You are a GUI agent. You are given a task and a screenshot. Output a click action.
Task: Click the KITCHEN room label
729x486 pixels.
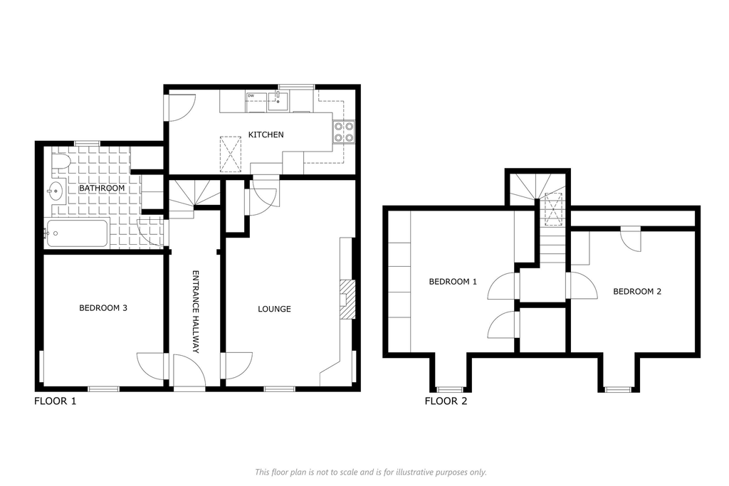[266, 134]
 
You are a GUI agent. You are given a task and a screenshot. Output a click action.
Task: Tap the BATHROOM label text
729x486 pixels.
[102, 188]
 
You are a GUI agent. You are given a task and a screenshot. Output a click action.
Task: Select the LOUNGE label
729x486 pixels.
[274, 309]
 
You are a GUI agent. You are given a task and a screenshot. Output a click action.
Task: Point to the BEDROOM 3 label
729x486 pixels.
[103, 307]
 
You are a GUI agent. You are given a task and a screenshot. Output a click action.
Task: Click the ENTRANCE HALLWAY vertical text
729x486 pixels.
[196, 312]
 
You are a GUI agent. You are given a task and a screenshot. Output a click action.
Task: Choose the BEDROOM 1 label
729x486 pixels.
[453, 282]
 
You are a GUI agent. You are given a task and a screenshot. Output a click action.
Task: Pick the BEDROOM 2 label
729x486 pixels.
[637, 292]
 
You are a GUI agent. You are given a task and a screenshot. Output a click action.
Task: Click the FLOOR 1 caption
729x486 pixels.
[55, 401]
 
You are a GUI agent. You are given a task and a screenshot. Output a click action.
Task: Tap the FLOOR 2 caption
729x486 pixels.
[446, 401]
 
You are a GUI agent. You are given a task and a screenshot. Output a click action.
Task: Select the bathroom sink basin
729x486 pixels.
[56, 191]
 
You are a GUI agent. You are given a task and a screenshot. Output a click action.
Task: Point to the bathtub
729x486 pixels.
[77, 233]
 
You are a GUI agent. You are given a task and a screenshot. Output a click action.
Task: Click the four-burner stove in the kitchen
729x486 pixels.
[344, 132]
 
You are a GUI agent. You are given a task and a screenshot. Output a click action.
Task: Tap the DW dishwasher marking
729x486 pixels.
[251, 96]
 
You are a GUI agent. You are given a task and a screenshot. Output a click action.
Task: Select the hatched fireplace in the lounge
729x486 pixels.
[347, 300]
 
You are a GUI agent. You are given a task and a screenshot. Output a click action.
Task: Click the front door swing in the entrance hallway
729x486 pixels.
[189, 370]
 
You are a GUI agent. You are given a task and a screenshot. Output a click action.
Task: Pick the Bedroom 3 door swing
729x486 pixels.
[152, 366]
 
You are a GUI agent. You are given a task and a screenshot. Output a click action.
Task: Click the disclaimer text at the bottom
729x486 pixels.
[370, 472]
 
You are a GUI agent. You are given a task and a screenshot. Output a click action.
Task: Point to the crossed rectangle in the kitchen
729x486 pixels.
[231, 154]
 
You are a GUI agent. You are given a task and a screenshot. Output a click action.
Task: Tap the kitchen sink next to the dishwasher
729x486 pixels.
[278, 100]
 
